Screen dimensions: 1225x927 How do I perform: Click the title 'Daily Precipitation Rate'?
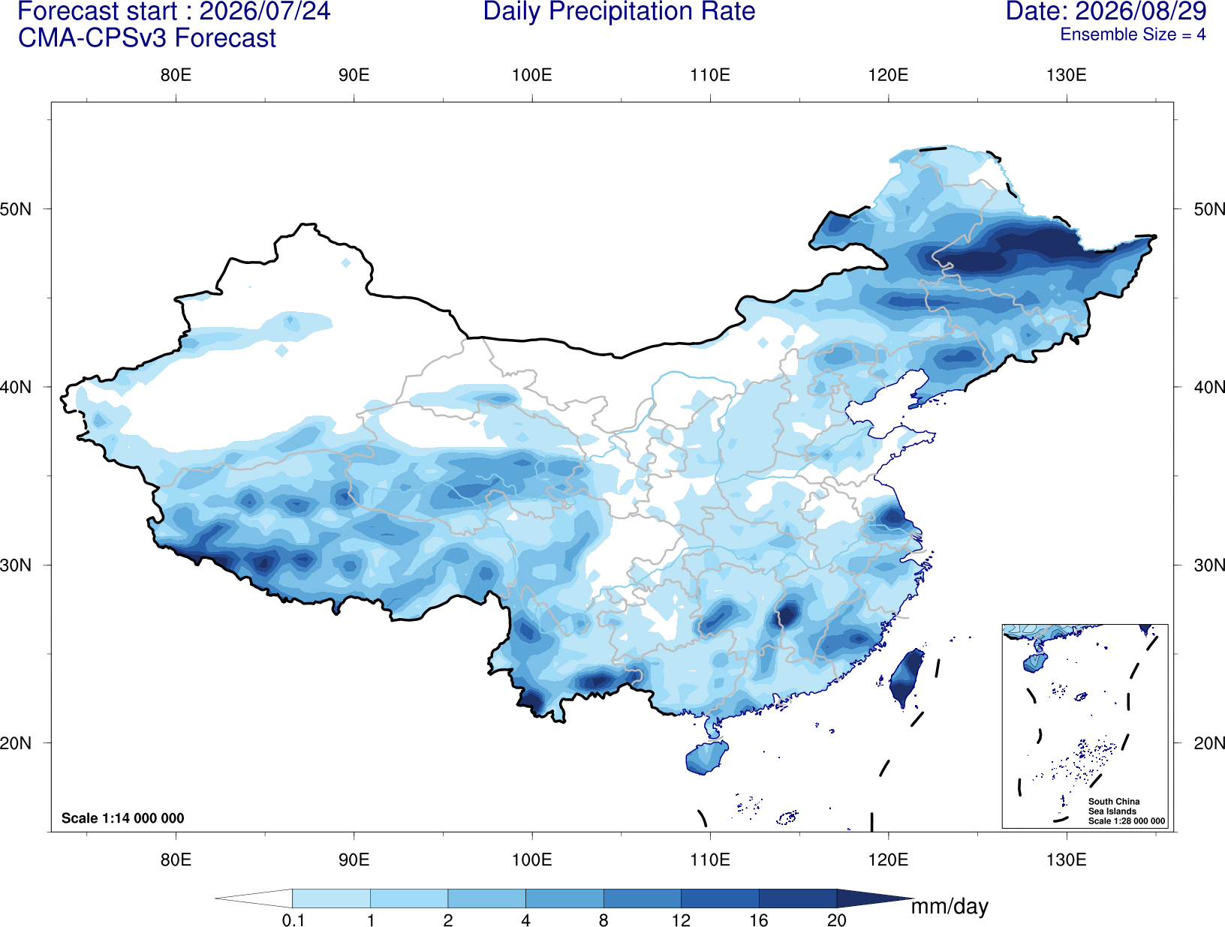point(619,11)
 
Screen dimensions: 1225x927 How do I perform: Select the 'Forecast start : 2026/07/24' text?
point(174,11)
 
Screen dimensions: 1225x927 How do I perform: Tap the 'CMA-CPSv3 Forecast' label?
point(147,38)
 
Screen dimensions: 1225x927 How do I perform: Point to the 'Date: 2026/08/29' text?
point(1106,11)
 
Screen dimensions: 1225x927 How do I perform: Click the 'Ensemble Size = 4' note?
point(1133,34)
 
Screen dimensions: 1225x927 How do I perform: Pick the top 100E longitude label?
point(532,75)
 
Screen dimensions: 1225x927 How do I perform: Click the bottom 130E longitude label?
point(1066,859)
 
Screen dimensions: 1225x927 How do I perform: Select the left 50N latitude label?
point(16,209)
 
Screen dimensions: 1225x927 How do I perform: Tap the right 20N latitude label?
point(1208,743)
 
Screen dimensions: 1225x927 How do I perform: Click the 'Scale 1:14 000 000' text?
point(122,817)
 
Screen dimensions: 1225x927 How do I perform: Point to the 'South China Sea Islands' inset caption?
point(1113,806)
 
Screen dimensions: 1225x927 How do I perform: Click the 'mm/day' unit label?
point(950,907)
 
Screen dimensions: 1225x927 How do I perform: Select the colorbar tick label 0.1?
point(293,920)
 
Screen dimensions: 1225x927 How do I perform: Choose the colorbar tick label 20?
point(836,920)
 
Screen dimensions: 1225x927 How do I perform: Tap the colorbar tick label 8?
point(603,920)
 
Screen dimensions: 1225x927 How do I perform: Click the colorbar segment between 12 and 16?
point(719,898)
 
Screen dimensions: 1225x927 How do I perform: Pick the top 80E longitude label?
point(176,75)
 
